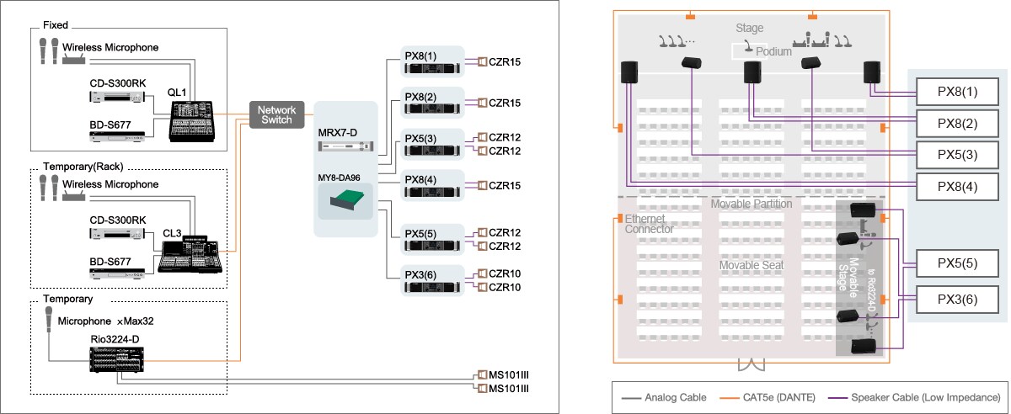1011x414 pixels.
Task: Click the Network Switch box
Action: point(275,115)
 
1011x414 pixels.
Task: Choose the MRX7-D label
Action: point(338,132)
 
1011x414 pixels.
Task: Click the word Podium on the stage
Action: point(774,51)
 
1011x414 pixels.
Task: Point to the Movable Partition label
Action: point(752,204)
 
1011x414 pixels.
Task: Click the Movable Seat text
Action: point(752,265)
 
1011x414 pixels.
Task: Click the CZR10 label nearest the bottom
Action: point(505,288)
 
